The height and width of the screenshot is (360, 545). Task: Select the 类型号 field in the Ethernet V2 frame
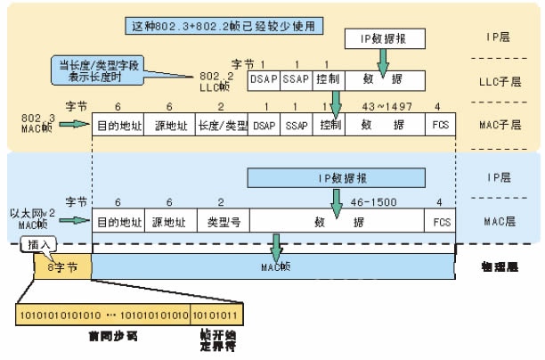[222, 219]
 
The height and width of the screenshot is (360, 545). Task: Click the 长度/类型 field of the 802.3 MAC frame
[222, 125]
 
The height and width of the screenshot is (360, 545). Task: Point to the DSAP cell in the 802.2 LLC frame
[264, 80]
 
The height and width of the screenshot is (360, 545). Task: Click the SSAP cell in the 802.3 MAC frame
[295, 125]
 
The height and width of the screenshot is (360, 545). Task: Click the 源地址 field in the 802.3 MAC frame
[169, 125]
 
